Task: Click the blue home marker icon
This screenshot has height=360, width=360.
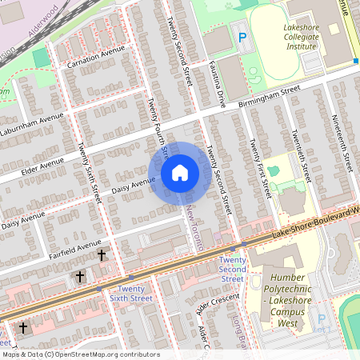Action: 179,172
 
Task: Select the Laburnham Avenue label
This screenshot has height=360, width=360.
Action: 31,128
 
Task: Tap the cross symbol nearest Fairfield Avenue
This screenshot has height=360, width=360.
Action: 102,255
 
